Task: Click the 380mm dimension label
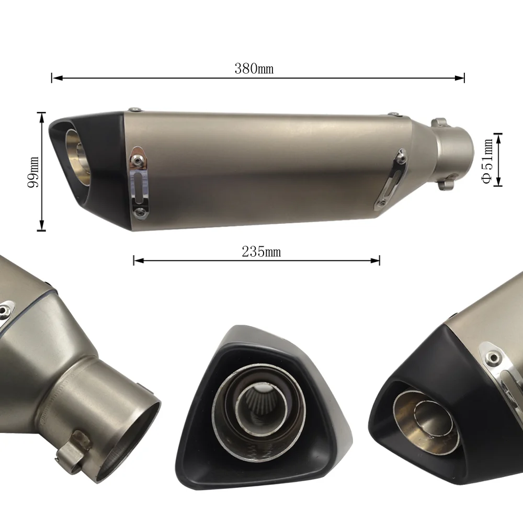click(x=254, y=69)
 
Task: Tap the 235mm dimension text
click(x=261, y=252)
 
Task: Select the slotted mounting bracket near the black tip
click(x=139, y=180)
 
